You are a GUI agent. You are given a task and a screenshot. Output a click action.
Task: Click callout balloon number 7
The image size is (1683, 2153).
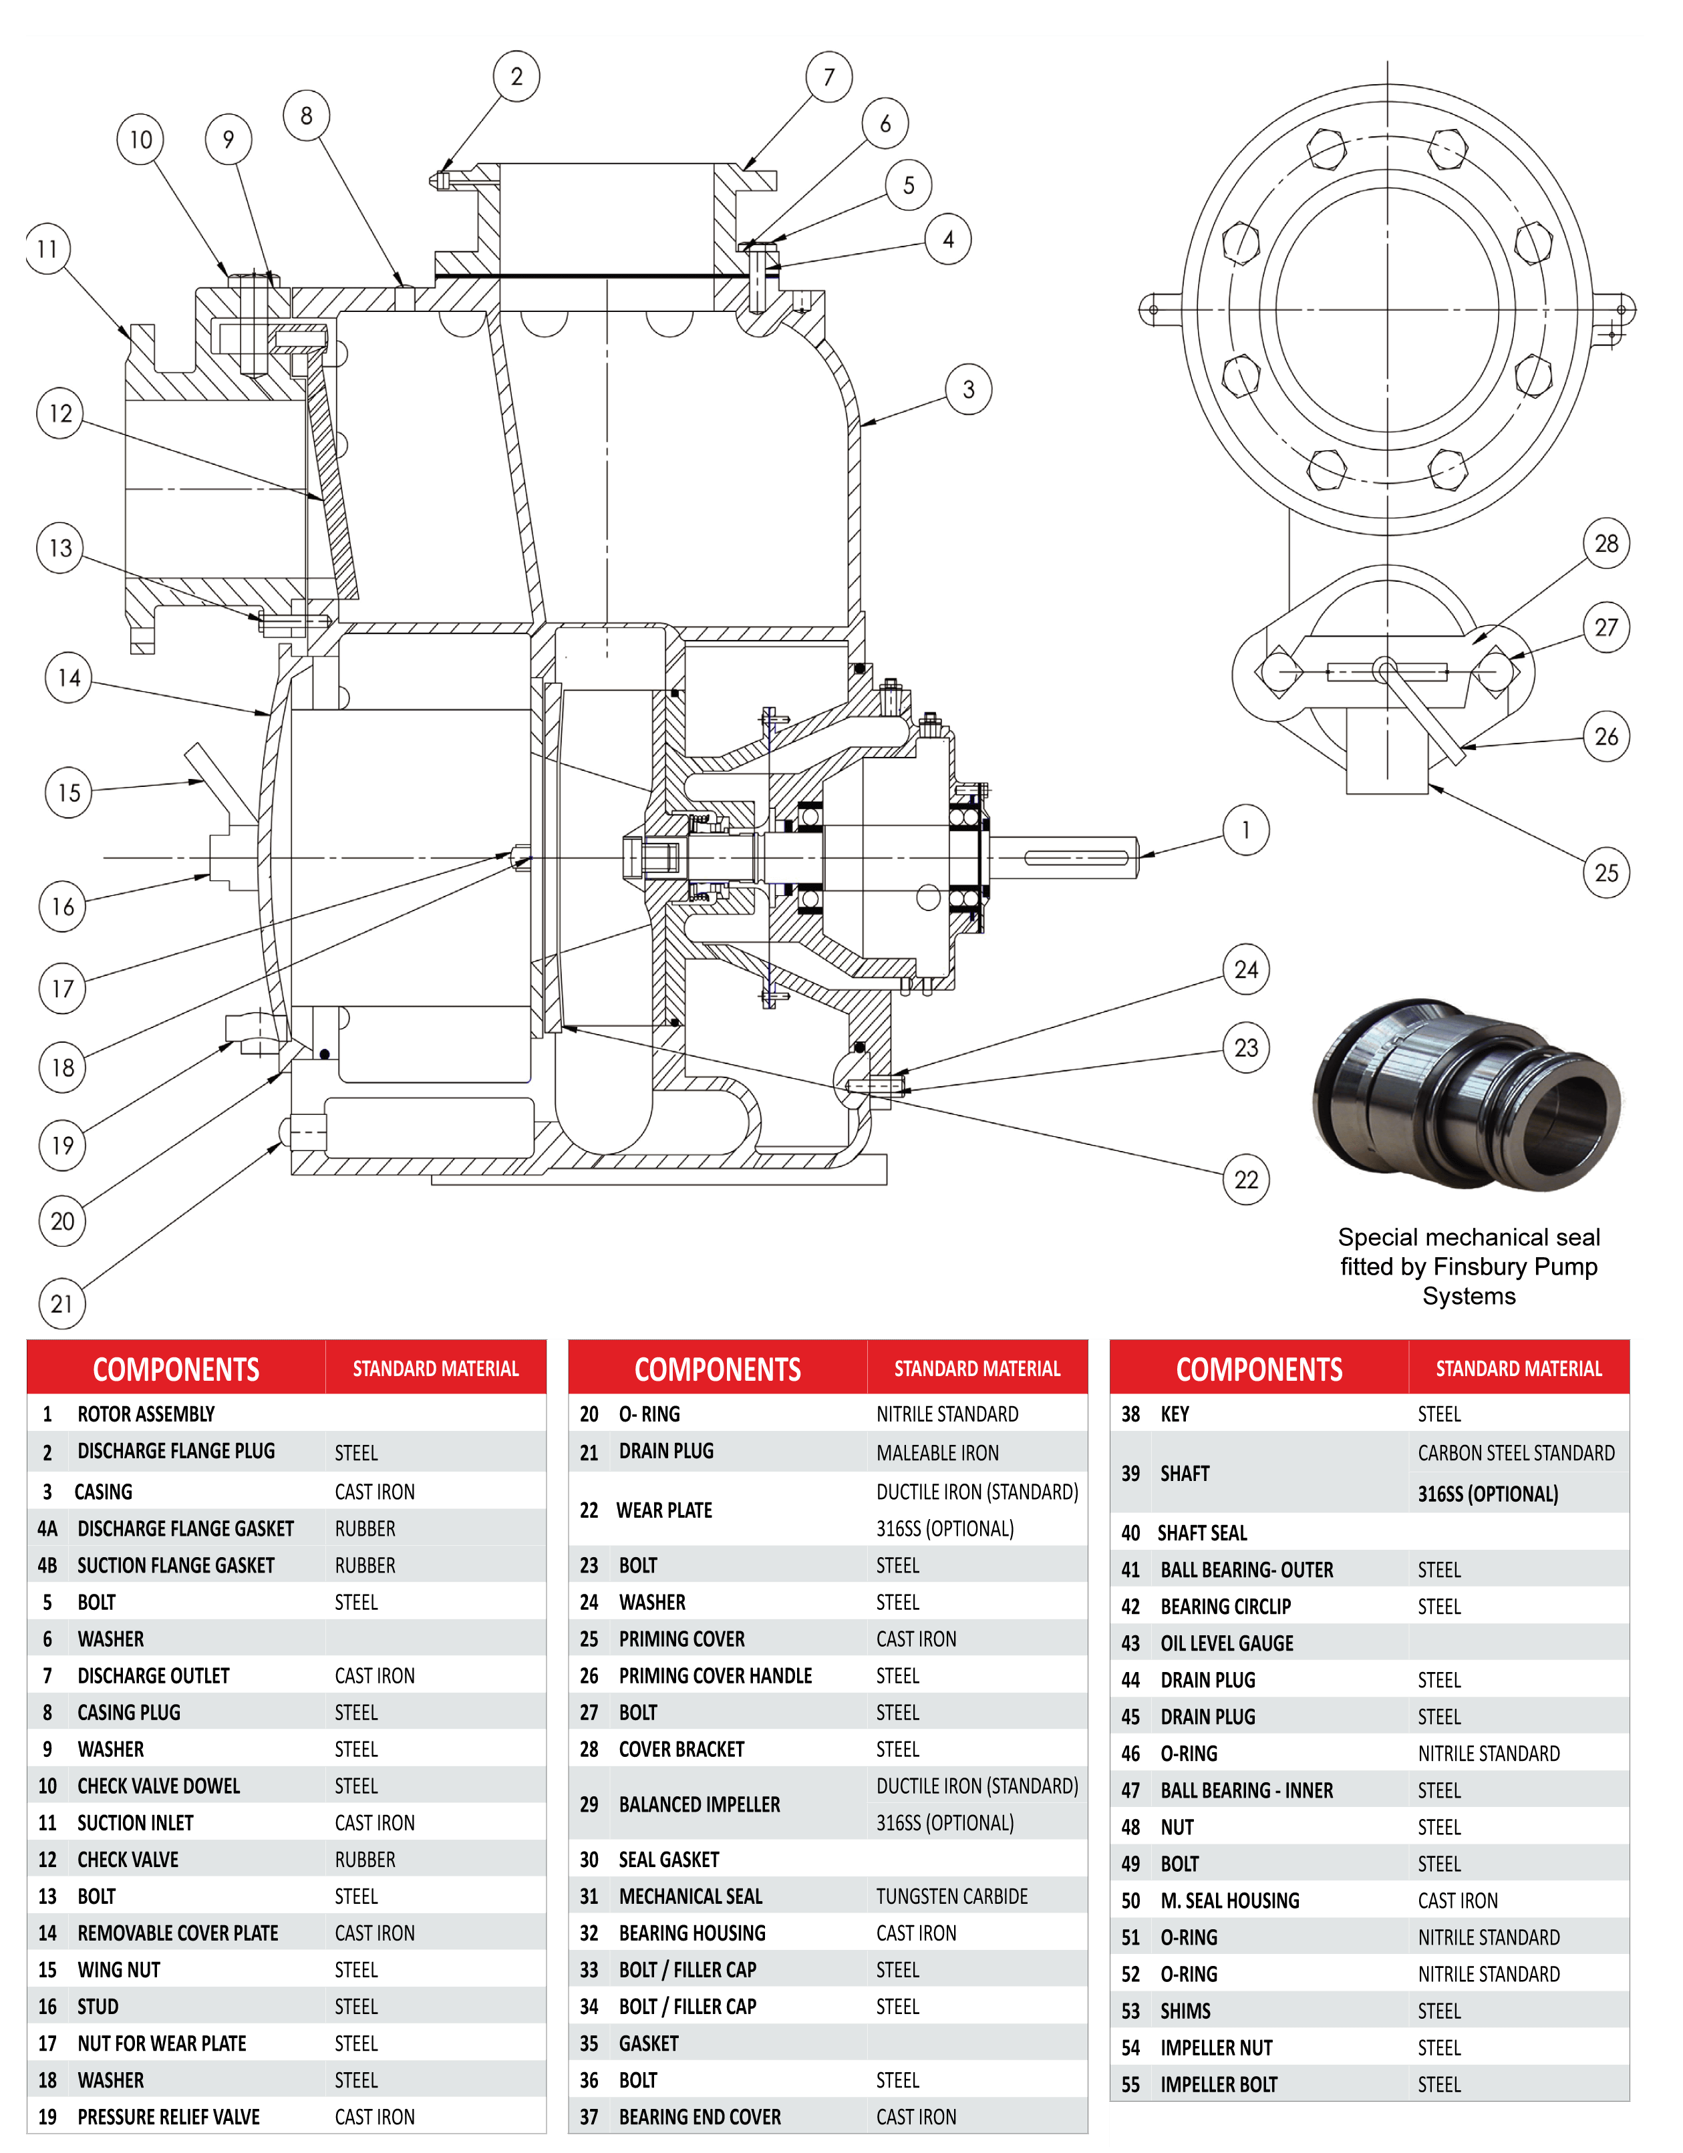[829, 77]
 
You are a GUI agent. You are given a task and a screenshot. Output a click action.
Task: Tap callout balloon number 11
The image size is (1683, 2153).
[47, 249]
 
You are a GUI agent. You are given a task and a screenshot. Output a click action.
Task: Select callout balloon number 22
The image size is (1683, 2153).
[1246, 1179]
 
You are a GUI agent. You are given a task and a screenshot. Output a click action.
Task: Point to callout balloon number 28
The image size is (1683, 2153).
[1606, 543]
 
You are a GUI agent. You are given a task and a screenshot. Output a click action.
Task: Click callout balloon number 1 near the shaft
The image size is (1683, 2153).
[1246, 830]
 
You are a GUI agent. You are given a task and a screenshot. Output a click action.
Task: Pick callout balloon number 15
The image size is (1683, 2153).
[68, 792]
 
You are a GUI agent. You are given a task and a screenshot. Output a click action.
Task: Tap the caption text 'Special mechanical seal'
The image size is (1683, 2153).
[1468, 1237]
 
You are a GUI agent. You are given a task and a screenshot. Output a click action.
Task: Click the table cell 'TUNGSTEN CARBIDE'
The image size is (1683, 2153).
[951, 1896]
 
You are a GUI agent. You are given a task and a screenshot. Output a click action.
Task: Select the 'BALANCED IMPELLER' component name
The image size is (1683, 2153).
[699, 1804]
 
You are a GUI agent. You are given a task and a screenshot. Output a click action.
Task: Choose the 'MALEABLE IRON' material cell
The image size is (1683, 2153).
[937, 1452]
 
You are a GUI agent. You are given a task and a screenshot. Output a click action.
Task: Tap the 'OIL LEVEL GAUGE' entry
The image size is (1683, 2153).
[1227, 1643]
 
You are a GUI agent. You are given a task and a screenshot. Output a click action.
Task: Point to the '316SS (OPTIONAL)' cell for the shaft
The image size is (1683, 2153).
[1488, 1494]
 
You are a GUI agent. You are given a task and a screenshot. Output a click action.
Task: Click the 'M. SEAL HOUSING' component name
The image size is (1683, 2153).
[1229, 1900]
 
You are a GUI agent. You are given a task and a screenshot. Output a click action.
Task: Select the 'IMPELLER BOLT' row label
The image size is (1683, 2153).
[1219, 2084]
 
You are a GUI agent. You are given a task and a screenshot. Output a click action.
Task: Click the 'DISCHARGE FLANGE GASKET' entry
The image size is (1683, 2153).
[185, 1528]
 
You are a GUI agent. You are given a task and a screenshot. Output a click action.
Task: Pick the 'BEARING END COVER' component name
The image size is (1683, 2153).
[699, 2116]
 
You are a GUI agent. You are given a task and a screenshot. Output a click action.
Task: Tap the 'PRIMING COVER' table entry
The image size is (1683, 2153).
[681, 1639]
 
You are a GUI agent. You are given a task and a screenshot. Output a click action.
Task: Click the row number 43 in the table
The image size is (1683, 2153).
[1130, 1643]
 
